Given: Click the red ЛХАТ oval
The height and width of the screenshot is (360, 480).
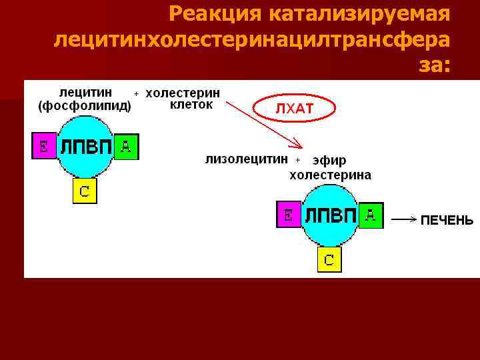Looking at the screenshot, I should tap(294, 109).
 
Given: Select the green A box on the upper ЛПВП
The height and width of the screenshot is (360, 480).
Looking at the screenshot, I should tap(126, 147).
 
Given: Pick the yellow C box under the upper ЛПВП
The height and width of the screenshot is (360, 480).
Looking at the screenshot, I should tap(85, 191).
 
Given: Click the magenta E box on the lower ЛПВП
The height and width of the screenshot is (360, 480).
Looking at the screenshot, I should tap(288, 215).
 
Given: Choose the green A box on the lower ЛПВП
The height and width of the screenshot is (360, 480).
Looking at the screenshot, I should tap(371, 215).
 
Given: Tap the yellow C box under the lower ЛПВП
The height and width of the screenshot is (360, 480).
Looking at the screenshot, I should tap(329, 258).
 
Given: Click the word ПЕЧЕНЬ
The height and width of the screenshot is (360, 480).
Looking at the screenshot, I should tap(447, 220).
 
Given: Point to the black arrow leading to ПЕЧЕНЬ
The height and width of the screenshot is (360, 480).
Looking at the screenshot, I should tap(404, 219).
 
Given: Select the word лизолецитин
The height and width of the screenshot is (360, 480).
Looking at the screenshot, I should tap(247, 159).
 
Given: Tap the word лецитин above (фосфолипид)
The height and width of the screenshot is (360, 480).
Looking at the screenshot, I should tap(85, 92).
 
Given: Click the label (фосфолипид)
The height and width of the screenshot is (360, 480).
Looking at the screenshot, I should tap(85, 105).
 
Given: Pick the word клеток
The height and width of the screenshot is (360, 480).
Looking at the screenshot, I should tap(191, 105).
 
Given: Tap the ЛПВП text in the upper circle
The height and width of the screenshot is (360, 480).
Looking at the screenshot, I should tap(85, 147).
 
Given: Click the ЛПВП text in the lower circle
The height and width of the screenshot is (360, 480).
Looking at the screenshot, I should tap(329, 215).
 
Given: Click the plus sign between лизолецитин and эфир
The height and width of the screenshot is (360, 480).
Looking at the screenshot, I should tap(298, 159).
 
